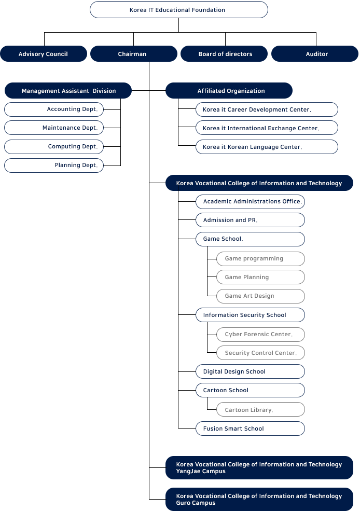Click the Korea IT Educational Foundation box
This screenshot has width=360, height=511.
pos(179,10)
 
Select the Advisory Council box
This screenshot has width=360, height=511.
pos(44,54)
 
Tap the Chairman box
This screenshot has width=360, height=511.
pos(134,54)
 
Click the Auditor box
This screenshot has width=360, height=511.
pos(315,54)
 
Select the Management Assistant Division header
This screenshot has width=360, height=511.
pos(68,91)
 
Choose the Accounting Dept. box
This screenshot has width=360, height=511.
pos(54,109)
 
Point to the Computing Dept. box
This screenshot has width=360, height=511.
pos(54,147)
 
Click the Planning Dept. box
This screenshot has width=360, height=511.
pos(54,165)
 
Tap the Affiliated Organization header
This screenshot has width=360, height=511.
pos(229,91)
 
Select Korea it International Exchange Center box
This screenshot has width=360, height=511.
pos(267,128)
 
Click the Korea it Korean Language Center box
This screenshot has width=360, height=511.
pos(267,147)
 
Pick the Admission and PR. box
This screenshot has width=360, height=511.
pos(250,220)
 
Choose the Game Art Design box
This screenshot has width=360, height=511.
pos(260,296)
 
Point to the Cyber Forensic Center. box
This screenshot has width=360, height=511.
pos(260,335)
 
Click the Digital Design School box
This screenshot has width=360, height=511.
pos(250,371)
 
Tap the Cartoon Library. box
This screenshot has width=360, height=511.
pos(260,409)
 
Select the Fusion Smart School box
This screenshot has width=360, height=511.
pos(250,429)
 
